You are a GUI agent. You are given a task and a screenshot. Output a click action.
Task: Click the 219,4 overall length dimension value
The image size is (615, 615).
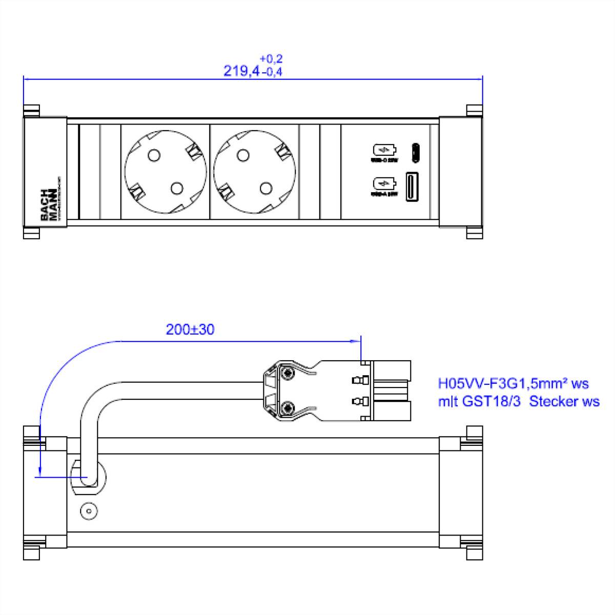click(x=241, y=71)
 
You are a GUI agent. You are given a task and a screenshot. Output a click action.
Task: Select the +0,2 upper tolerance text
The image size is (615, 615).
click(x=271, y=58)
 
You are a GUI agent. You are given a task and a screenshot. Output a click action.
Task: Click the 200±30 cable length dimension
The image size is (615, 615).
click(x=190, y=330)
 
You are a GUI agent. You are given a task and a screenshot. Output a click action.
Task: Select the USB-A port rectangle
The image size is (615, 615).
click(x=413, y=186)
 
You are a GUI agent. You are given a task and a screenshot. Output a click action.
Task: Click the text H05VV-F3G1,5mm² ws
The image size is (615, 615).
click(x=513, y=383)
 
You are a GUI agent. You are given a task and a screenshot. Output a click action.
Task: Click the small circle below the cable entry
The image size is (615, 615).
click(x=89, y=511)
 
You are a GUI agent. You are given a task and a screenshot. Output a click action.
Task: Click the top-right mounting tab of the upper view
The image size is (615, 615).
click(x=475, y=110)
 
